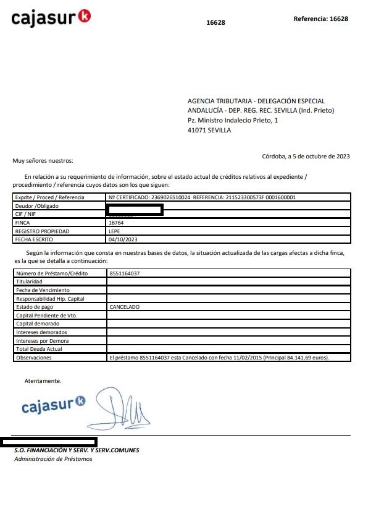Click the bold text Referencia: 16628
point(321,19)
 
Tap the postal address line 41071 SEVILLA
point(209,131)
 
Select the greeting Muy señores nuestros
point(43,161)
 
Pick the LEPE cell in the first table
point(115,231)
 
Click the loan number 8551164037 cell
point(124,273)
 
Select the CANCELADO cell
point(124,307)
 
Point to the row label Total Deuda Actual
point(40,349)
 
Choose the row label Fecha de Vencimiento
point(43,290)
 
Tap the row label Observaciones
point(34,358)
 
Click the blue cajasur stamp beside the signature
point(53,406)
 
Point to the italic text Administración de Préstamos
point(53,458)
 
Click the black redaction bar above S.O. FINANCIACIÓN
point(49,442)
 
